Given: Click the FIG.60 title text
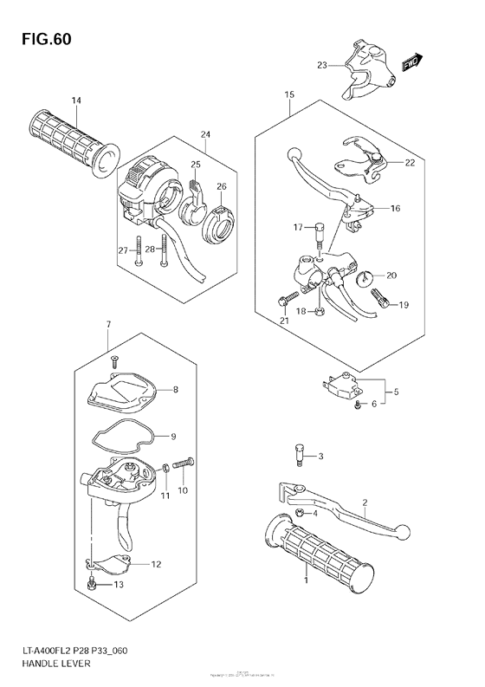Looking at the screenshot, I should [40, 40].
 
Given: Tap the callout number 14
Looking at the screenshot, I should [76, 101].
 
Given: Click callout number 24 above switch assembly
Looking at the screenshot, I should [205, 134].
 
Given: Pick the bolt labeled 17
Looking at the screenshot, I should [320, 230].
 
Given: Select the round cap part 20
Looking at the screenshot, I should [364, 278].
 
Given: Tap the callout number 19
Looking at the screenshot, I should [404, 305].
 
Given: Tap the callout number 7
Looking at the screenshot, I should [108, 324].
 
